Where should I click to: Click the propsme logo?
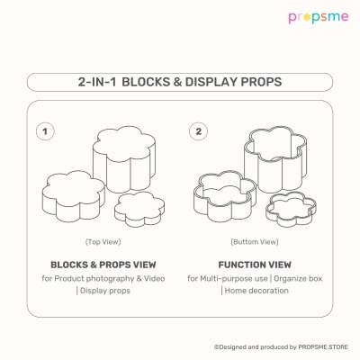[319, 17]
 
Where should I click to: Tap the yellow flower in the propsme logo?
[306, 17]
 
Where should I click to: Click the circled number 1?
[45, 131]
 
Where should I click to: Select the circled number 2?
[198, 131]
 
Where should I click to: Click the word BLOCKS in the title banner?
[146, 82]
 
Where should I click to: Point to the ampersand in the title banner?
[177, 82]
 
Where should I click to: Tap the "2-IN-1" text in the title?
[97, 82]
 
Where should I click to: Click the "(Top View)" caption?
[103, 242]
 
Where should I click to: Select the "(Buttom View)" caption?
[255, 242]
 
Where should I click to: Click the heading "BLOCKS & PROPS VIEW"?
[103, 265]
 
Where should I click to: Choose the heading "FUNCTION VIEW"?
[255, 265]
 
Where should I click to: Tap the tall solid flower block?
[124, 159]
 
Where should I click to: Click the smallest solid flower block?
[139, 209]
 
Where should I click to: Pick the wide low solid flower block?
[74, 196]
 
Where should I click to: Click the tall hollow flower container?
[275, 159]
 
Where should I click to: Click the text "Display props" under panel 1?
[105, 291]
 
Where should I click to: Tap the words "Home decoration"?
[256, 291]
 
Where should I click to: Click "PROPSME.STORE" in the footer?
[323, 347]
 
